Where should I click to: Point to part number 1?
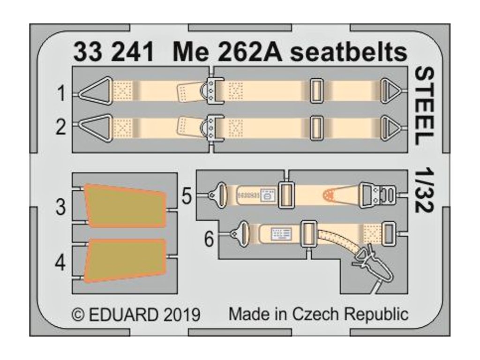pos(61,95)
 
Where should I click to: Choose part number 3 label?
pos(61,207)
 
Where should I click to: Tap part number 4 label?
pos(61,263)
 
